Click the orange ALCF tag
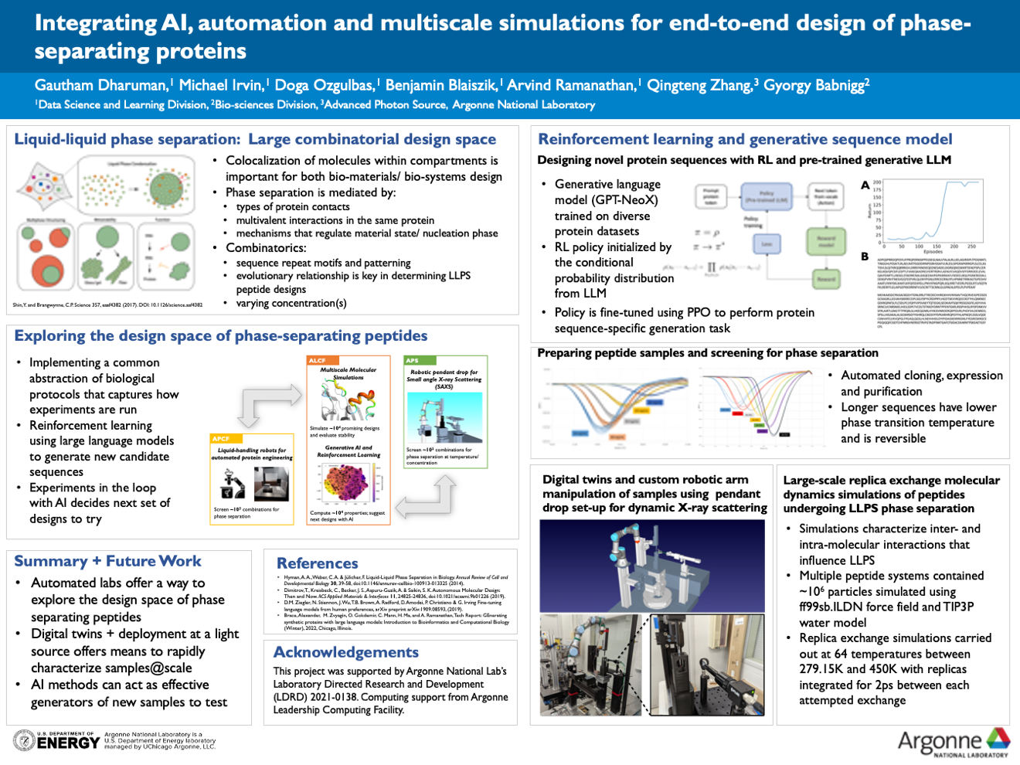318,360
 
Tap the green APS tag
413,360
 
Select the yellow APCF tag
221,439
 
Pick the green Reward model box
826,242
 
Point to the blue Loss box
767,244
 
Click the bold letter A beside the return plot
865,185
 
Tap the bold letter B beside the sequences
865,257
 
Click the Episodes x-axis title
933,251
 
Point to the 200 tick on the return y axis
877,182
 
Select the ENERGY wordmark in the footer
68,743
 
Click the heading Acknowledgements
345,652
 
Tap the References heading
317,563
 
